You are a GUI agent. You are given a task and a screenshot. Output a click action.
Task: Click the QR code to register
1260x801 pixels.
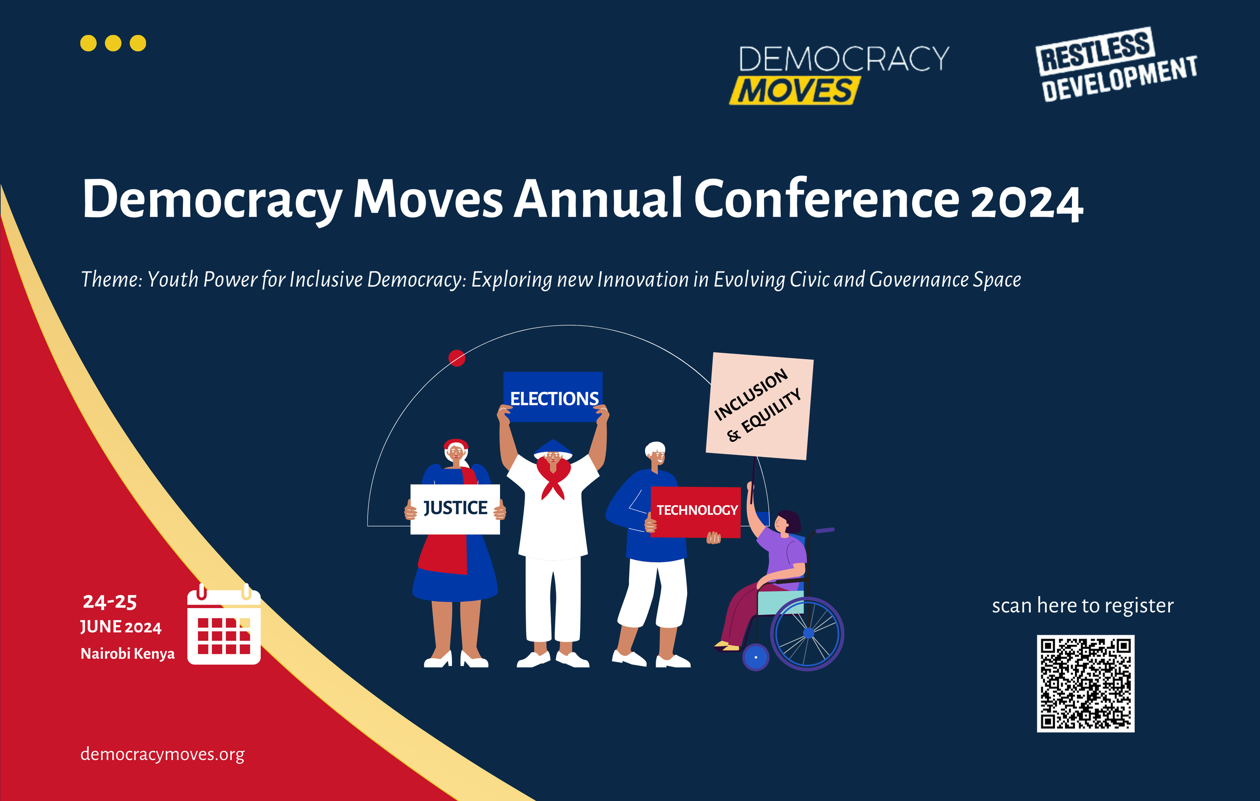click(1085, 683)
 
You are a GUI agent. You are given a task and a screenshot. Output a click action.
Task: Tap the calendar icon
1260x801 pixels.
click(224, 626)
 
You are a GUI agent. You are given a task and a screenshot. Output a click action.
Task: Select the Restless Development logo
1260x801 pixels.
click(1115, 64)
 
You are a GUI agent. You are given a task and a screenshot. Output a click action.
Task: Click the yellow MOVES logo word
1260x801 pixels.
click(795, 90)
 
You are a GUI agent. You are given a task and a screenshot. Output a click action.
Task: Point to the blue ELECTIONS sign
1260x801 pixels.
click(553, 396)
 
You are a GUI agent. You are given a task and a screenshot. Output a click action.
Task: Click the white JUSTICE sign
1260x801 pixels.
click(455, 508)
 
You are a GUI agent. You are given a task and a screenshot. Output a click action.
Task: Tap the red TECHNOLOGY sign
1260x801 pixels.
click(696, 511)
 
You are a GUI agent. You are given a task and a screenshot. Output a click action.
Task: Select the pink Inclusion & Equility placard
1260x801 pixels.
click(759, 406)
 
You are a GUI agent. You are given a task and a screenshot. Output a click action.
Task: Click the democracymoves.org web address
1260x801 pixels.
click(162, 754)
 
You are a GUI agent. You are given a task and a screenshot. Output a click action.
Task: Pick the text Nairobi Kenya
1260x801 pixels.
click(127, 653)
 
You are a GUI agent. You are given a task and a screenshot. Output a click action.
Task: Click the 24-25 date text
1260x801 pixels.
click(110, 602)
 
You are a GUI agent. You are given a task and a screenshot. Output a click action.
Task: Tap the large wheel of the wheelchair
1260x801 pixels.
click(807, 634)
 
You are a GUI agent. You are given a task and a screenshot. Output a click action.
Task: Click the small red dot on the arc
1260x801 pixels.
click(457, 358)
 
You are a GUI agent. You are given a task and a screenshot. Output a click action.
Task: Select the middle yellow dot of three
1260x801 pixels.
click(113, 43)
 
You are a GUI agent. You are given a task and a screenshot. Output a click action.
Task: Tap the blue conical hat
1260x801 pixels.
click(552, 448)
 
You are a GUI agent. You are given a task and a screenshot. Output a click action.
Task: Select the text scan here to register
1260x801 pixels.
click(1083, 606)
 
